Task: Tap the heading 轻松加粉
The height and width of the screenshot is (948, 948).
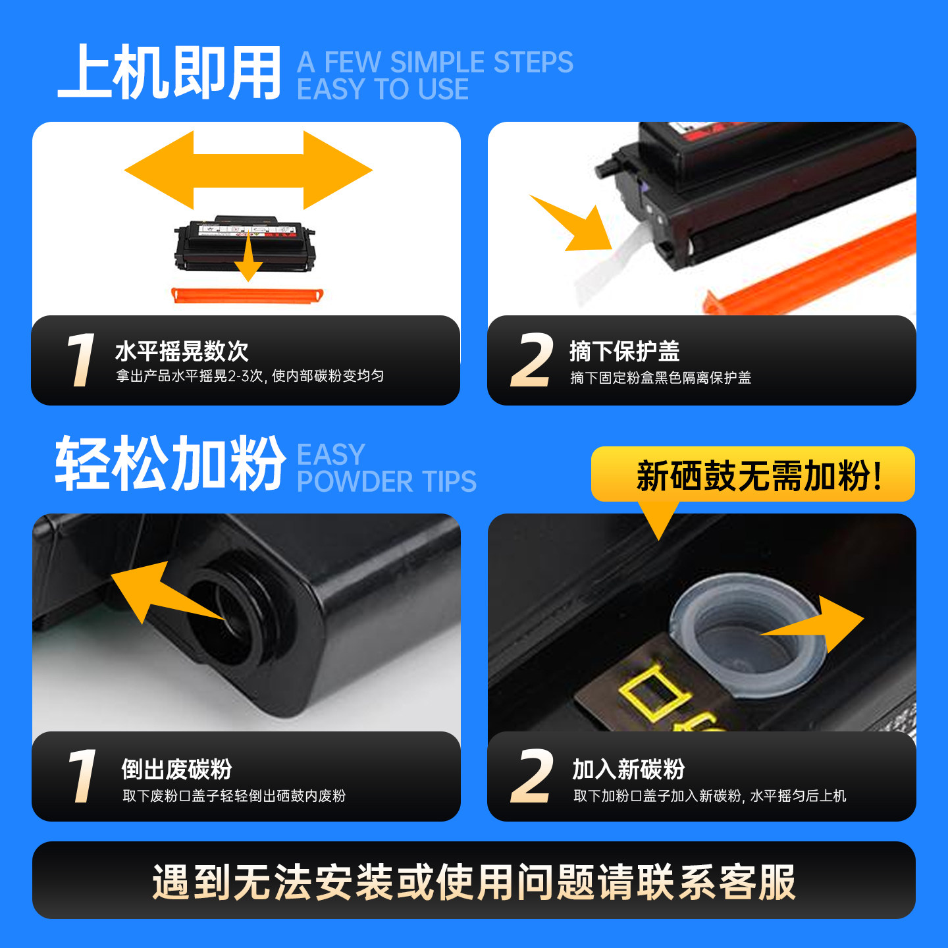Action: (x=170, y=463)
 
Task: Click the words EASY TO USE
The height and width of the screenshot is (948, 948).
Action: (x=382, y=89)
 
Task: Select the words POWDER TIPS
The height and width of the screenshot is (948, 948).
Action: (x=386, y=481)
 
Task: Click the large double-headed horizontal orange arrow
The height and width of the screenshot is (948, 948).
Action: (x=248, y=171)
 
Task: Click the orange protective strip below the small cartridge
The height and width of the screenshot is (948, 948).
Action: (x=248, y=295)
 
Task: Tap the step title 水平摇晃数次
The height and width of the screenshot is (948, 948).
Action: (x=182, y=352)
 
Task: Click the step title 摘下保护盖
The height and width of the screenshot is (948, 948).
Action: (x=624, y=352)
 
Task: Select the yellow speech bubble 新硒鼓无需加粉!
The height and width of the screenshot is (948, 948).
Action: (x=752, y=474)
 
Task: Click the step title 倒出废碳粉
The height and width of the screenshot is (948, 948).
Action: (x=176, y=770)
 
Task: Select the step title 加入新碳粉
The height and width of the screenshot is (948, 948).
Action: (x=628, y=770)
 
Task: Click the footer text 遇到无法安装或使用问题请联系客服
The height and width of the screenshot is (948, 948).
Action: (x=474, y=883)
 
